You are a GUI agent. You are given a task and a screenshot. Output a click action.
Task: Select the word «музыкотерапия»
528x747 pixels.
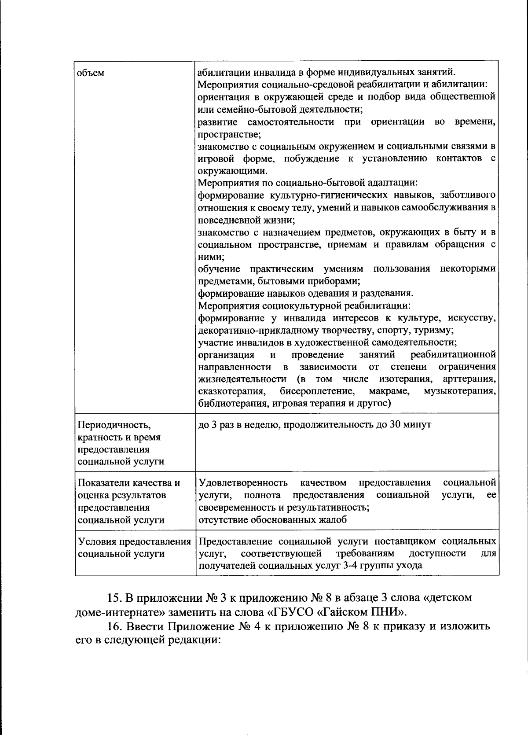[x=460, y=391]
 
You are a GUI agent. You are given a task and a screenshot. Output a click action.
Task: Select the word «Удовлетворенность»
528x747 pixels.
[x=243, y=483]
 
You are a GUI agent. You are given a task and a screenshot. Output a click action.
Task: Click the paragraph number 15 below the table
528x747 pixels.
[x=115, y=599]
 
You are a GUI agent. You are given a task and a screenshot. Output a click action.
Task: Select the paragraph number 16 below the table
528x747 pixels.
[x=115, y=627]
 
